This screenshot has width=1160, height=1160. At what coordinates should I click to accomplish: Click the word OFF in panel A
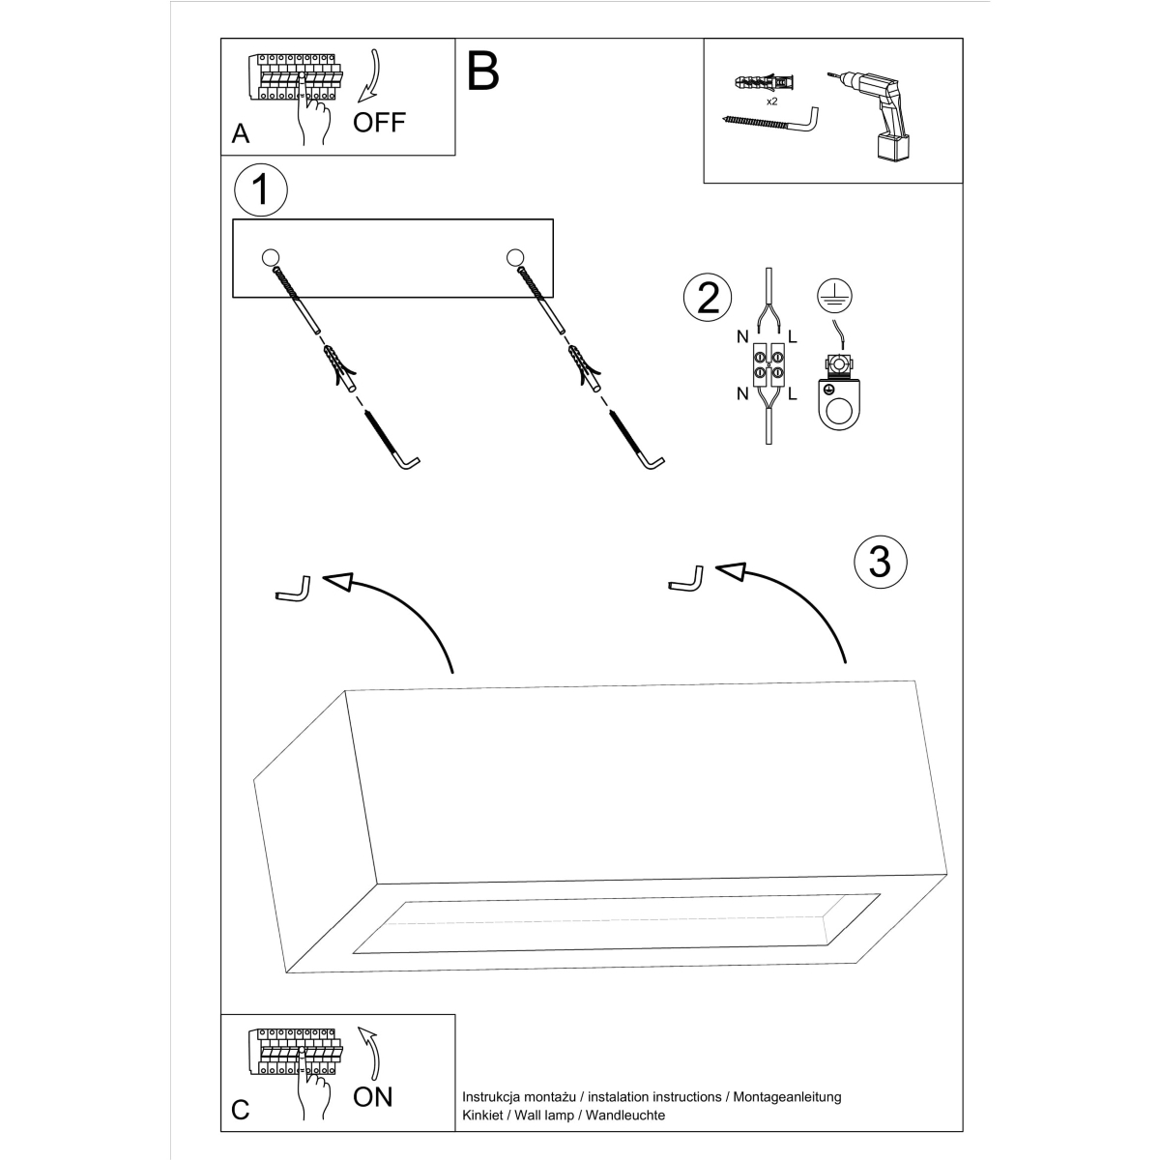tap(379, 122)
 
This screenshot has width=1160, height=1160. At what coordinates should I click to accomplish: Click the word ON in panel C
tap(373, 1096)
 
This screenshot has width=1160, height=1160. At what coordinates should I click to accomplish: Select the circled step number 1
tap(261, 190)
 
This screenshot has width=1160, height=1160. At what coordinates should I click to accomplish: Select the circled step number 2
tap(708, 297)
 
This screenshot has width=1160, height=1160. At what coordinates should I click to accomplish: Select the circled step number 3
tap(880, 561)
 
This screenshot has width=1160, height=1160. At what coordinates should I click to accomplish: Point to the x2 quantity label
tap(771, 101)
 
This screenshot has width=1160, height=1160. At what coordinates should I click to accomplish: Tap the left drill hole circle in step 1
tap(270, 257)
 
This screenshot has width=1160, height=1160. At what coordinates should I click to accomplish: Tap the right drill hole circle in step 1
tap(514, 257)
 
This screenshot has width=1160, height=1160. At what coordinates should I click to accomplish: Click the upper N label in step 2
tap(742, 337)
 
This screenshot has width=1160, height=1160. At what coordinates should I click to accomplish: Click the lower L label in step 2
tap(793, 393)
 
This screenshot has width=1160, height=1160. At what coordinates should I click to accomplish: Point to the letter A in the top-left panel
tap(241, 133)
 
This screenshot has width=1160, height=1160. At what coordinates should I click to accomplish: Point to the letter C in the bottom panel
tap(241, 1110)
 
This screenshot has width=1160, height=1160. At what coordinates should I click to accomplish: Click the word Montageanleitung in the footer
tap(787, 1097)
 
